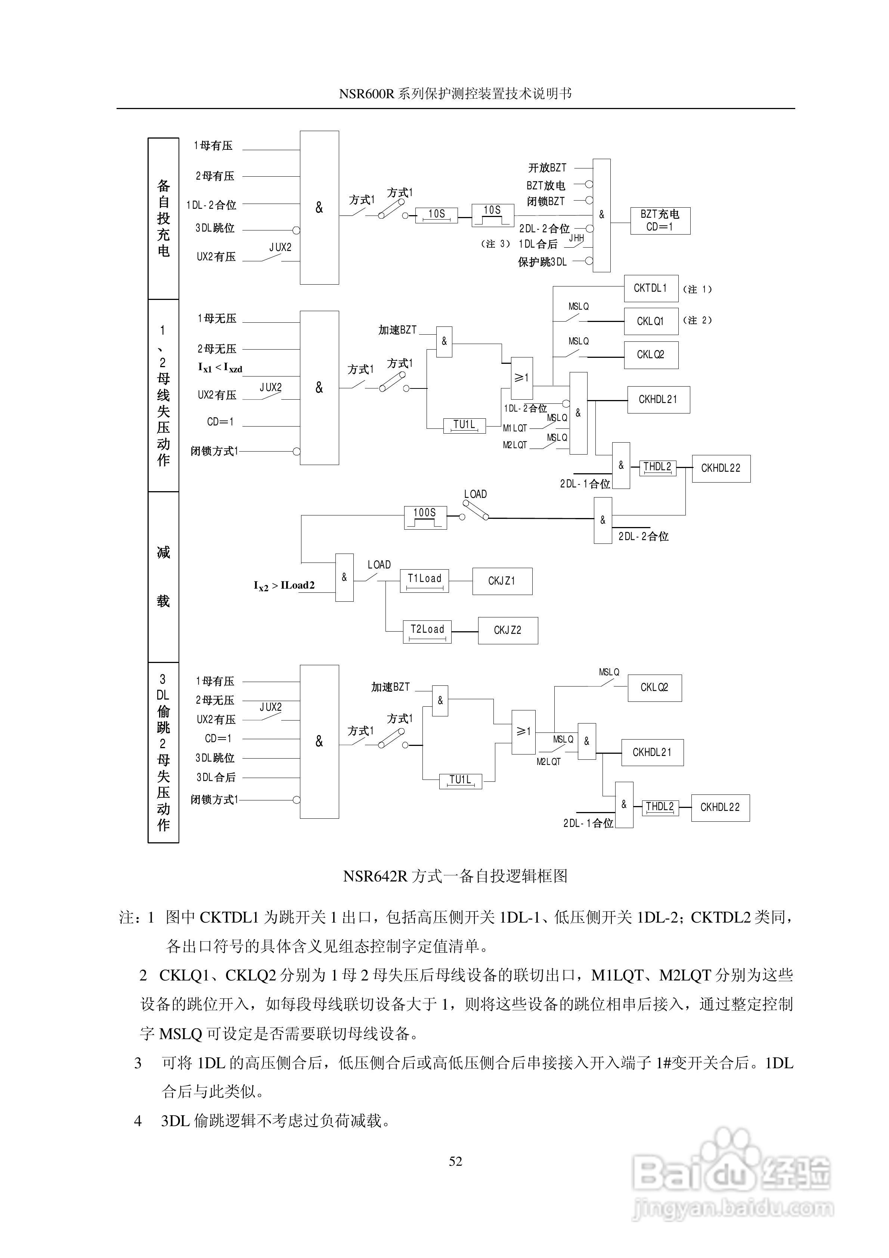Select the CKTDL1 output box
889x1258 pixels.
(x=651, y=288)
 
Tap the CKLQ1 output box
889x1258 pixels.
(x=651, y=322)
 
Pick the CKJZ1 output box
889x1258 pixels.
(x=502, y=581)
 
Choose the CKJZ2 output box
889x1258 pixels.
(x=508, y=630)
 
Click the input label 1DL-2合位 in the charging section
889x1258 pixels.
(x=211, y=205)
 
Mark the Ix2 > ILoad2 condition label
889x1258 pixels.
(x=284, y=586)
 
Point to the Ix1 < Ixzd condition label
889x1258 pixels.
(x=220, y=368)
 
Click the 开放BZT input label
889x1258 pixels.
(x=547, y=168)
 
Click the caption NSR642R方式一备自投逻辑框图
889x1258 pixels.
(x=455, y=876)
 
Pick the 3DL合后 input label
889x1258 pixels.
(x=216, y=777)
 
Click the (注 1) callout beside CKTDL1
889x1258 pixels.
(x=697, y=289)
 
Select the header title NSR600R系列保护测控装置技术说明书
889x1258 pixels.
(x=455, y=94)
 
